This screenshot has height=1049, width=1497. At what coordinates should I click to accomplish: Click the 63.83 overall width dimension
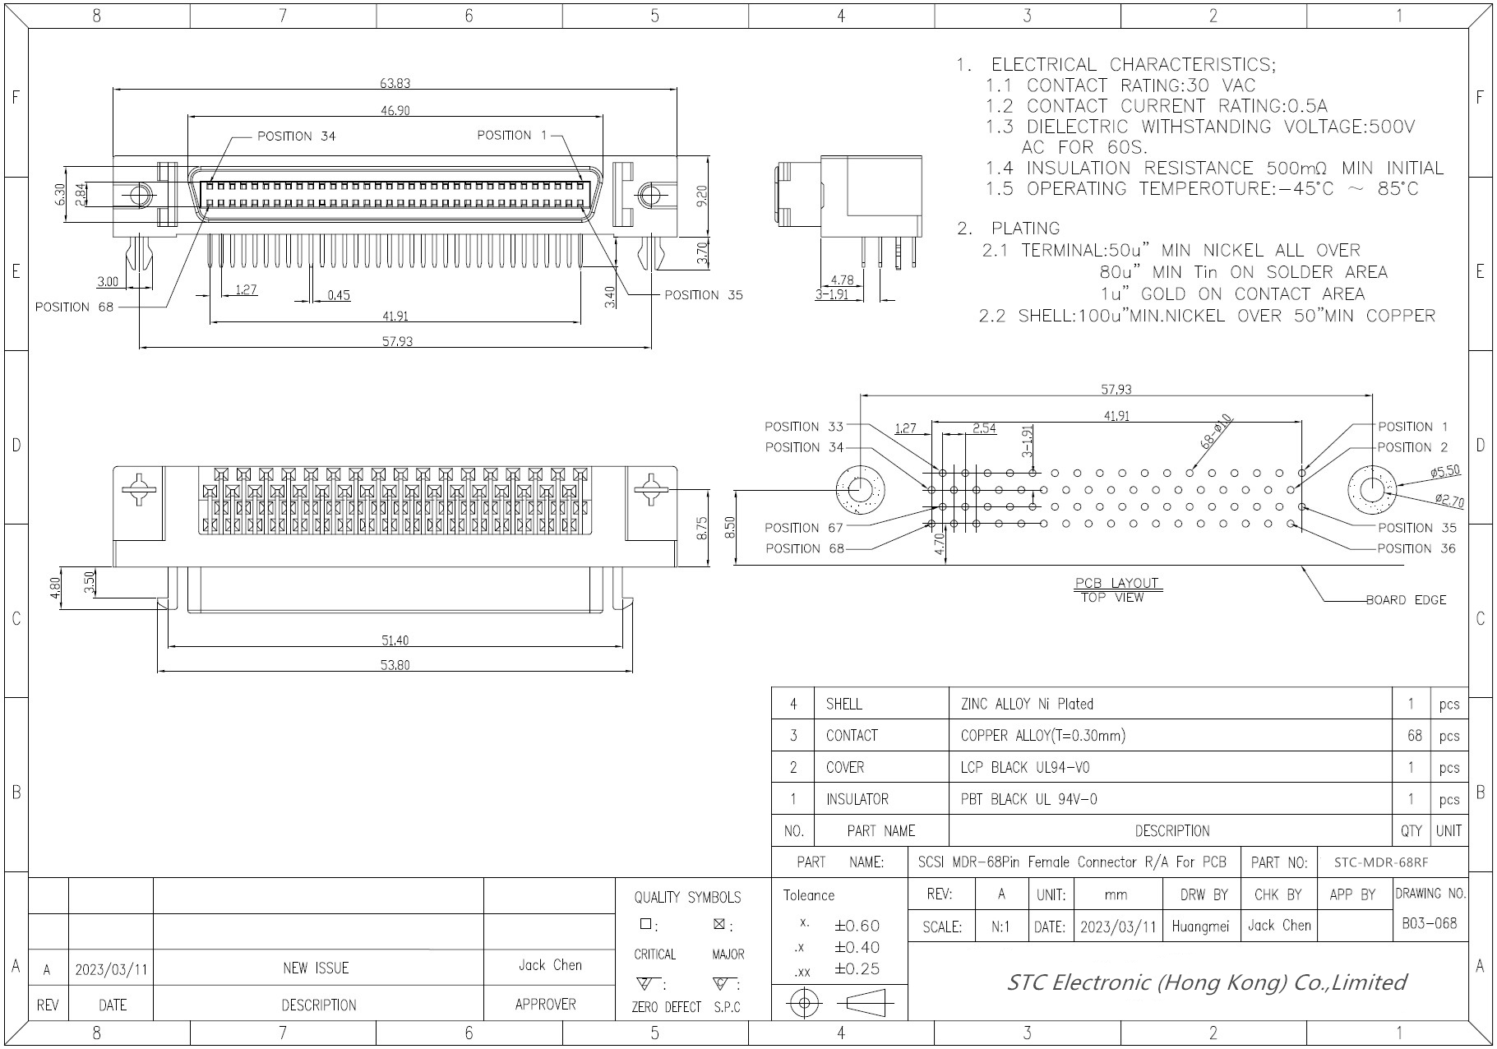(x=395, y=83)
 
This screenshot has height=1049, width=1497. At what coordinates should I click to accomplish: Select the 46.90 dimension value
(x=395, y=111)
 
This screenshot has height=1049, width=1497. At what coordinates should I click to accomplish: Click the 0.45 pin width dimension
(x=338, y=295)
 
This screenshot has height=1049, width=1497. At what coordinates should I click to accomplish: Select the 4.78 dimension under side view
(x=842, y=280)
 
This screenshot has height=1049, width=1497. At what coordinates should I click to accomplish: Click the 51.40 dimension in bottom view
(x=395, y=640)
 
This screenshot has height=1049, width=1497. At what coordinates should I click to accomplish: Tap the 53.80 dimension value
(x=395, y=665)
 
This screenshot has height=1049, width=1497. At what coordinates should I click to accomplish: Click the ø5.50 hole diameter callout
(x=1444, y=471)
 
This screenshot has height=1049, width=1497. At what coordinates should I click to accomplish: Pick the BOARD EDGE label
(x=1406, y=600)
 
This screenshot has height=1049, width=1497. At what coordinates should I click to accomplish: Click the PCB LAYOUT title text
(x=1116, y=584)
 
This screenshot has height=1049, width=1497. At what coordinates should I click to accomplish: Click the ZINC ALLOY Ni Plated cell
(x=1027, y=704)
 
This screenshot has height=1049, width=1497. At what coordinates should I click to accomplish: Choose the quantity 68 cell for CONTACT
(x=1414, y=736)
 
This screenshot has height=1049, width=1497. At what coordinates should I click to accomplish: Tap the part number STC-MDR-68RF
(x=1380, y=862)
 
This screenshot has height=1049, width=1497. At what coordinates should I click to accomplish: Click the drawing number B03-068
(x=1430, y=923)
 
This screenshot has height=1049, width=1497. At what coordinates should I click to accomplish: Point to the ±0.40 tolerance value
(x=857, y=947)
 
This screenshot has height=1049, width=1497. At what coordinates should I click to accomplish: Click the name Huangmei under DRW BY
(x=1200, y=927)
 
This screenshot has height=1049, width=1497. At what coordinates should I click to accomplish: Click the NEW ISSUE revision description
(x=316, y=968)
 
